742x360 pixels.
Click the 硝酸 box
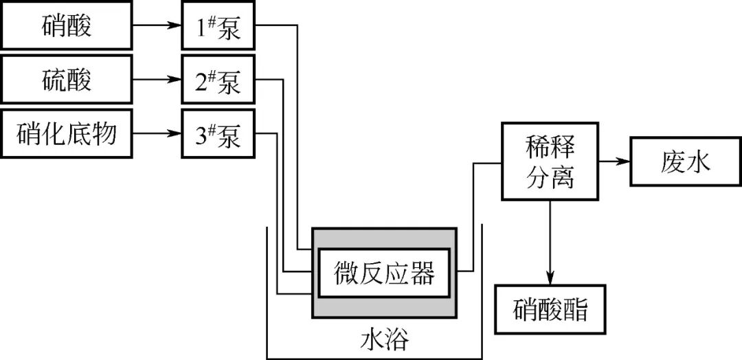coord(67,28)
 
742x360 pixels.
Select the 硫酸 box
coord(67,81)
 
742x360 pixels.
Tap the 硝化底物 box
coord(67,134)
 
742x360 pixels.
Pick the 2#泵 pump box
coord(218,82)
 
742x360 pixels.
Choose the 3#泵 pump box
coord(218,135)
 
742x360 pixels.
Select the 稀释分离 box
coord(549,162)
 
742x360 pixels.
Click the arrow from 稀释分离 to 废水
coord(613,162)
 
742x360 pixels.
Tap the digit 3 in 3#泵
coord(201,135)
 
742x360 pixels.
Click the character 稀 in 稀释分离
coord(535,148)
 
